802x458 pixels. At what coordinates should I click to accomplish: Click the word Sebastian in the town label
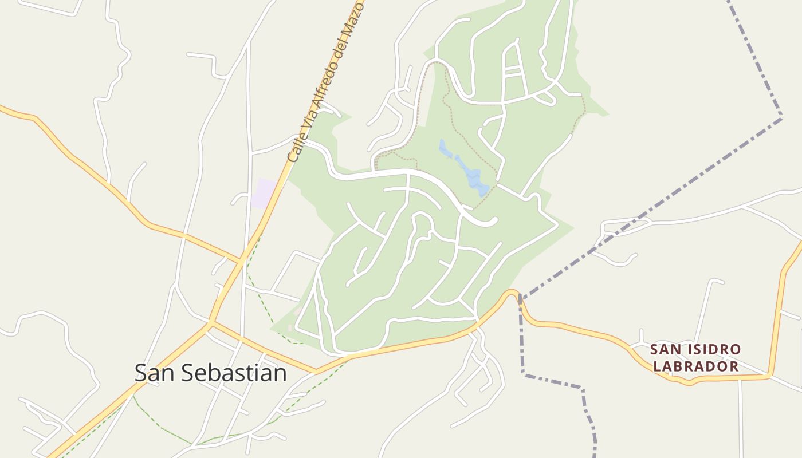coord(235,373)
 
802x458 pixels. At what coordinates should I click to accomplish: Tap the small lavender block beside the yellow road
coord(264,193)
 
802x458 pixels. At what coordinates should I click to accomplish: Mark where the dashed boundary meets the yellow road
coord(519,297)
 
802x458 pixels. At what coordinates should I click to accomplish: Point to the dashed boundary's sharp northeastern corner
coord(781,118)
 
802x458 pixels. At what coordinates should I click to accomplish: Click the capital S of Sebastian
coord(187,373)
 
